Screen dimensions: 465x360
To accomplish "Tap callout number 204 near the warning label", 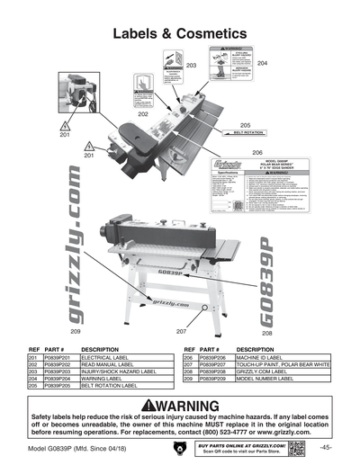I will click(x=262, y=64).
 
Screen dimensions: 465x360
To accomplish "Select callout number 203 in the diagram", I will click(x=191, y=67).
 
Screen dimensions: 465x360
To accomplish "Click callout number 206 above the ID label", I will click(x=256, y=152).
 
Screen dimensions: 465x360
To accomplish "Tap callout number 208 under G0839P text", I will click(x=267, y=333).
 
